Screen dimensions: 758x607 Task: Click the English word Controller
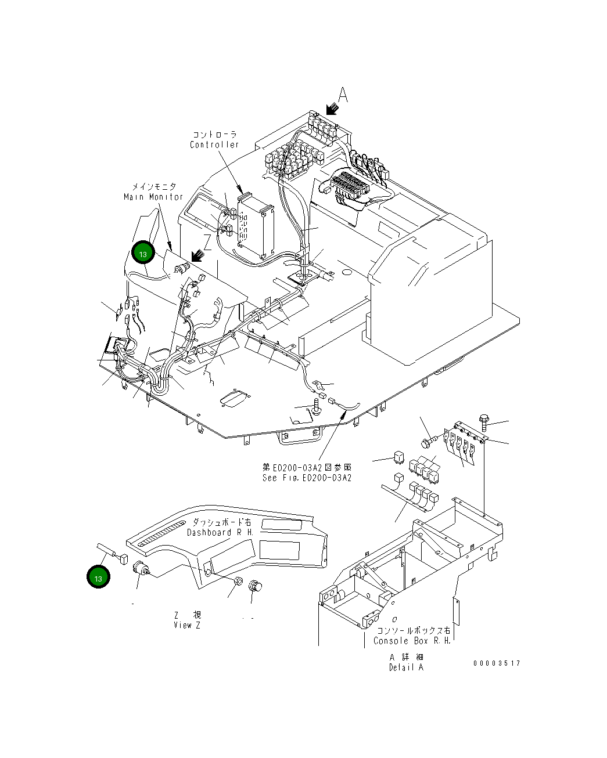coord(214,145)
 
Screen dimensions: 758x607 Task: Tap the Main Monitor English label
coord(153,197)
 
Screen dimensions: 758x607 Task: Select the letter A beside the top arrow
coord(343,95)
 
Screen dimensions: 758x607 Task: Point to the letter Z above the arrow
coord(207,241)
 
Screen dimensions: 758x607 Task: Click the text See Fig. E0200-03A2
coord(307,478)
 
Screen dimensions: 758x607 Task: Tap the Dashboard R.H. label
coord(220,532)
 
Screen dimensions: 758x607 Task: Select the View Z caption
coord(186,625)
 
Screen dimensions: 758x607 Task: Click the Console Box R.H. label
coord(412,641)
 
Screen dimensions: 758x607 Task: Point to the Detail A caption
coord(406,667)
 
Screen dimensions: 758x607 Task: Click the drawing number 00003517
coord(497,663)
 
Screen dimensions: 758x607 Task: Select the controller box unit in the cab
coord(256,226)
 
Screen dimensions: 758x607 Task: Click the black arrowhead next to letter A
coord(332,109)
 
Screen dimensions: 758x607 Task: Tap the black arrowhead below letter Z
coord(197,255)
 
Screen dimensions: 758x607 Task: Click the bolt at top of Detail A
coord(484,420)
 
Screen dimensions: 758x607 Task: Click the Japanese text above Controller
coord(215,135)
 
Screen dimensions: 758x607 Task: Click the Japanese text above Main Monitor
coord(153,187)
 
